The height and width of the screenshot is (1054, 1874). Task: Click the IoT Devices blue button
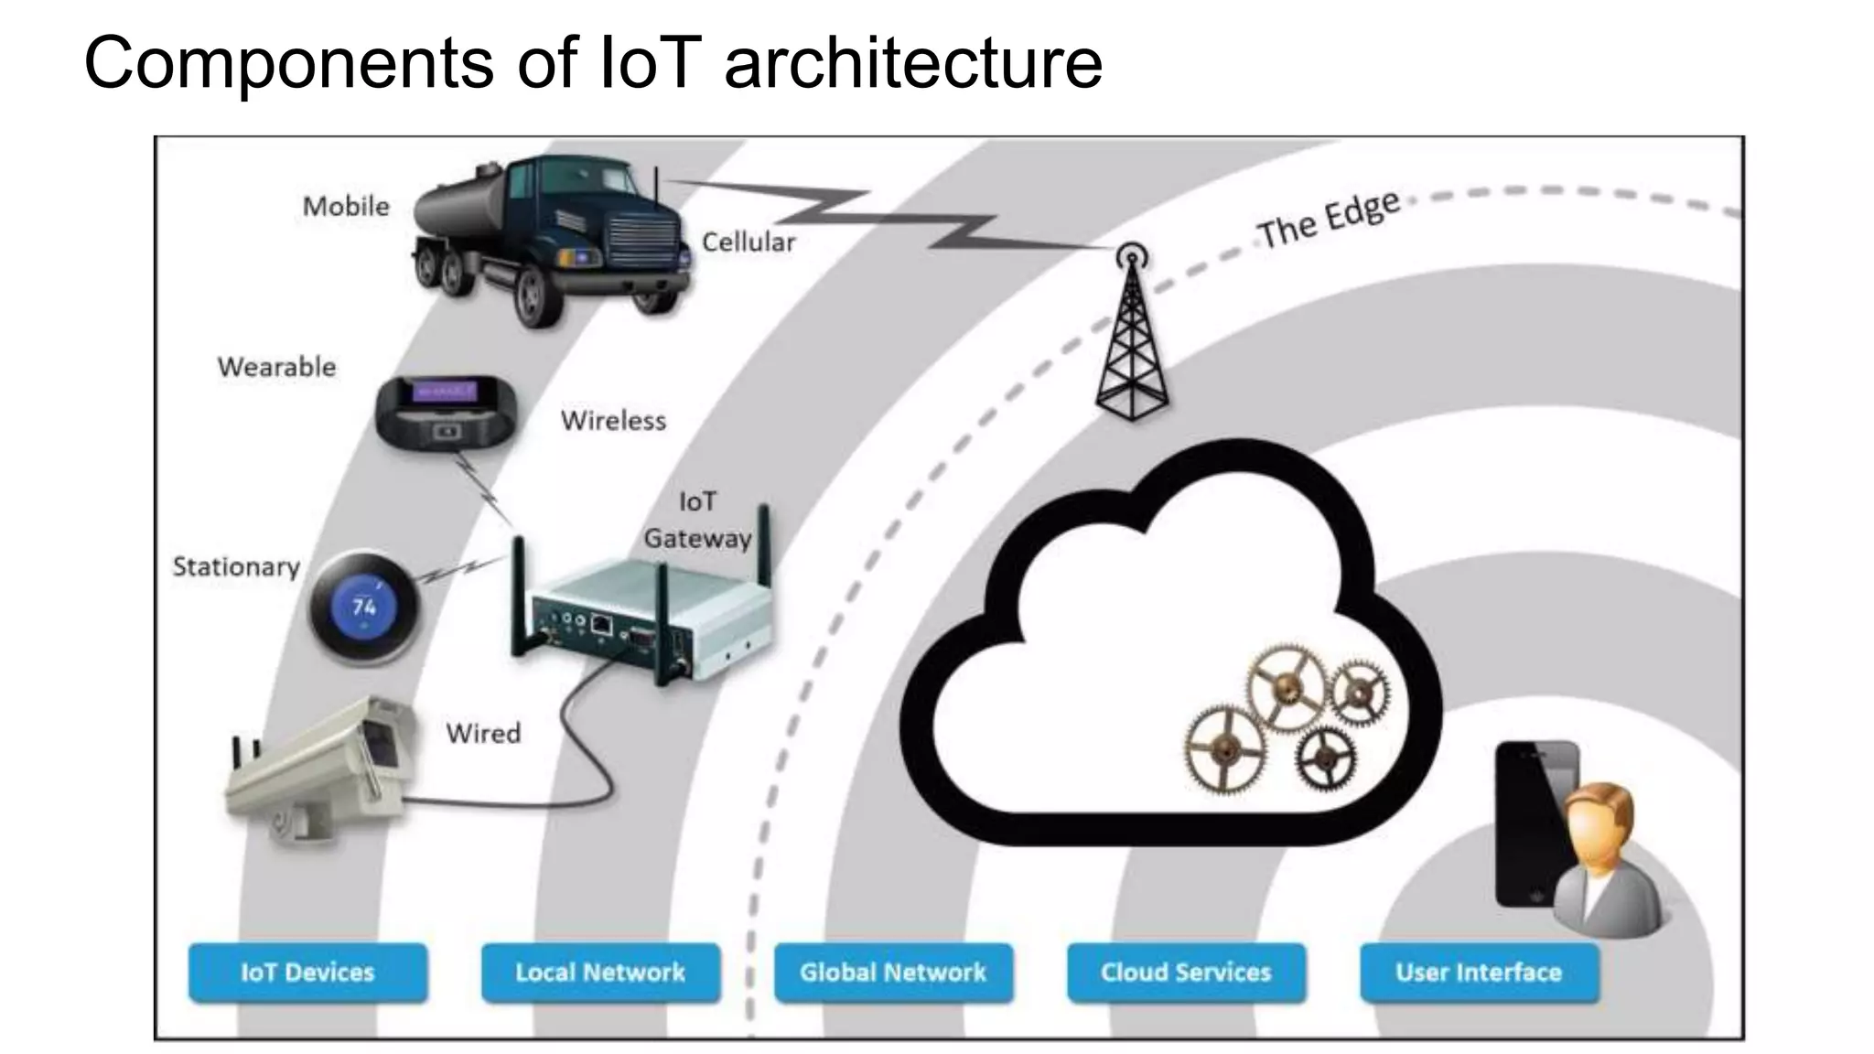tap(307, 973)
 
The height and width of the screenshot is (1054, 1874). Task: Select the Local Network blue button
tap(600, 973)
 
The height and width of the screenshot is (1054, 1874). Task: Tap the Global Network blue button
tap(893, 973)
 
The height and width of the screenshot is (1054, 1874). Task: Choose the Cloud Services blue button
tap(1186, 973)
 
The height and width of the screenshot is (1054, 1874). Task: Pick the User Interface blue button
tap(1479, 973)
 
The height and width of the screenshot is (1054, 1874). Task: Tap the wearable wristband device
tap(447, 413)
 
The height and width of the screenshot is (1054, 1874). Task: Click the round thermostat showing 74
tap(364, 607)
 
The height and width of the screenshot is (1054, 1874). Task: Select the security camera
tap(320, 769)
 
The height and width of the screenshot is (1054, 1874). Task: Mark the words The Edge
tap(1328, 220)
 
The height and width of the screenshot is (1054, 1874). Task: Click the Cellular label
tap(749, 242)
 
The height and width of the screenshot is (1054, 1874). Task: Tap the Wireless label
tap(613, 421)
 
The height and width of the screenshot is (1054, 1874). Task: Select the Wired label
tap(483, 733)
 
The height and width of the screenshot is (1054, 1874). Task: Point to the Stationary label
tap(236, 567)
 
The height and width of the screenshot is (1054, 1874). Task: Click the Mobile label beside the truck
tap(346, 207)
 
